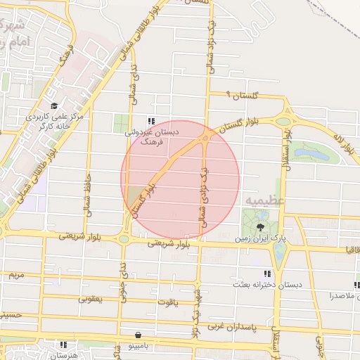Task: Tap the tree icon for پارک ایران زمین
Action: (x=261, y=226)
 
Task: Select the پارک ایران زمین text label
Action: (x=262, y=238)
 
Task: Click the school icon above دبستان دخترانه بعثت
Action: (x=266, y=274)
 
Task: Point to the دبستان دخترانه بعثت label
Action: (x=269, y=285)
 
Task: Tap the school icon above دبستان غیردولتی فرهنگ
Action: (x=152, y=120)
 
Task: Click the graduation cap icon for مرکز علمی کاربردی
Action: (x=54, y=106)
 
